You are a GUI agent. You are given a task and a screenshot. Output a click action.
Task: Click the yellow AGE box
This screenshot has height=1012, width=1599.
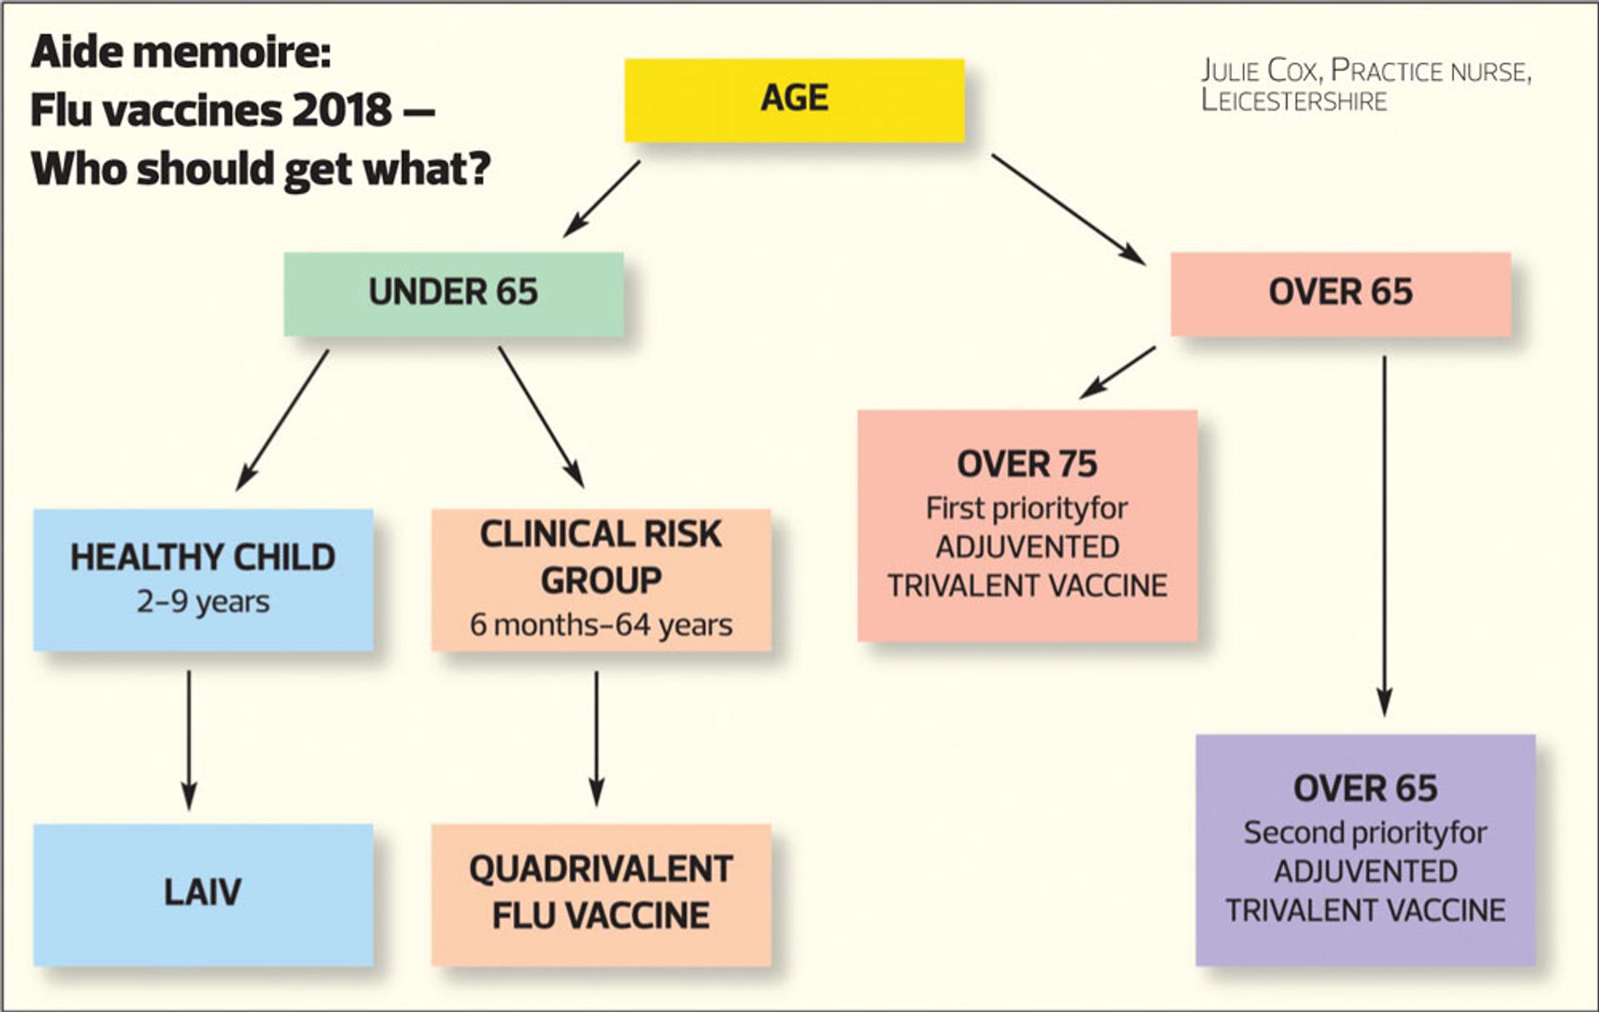point(795,100)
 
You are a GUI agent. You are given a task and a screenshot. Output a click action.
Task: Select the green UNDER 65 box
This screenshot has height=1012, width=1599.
point(453,294)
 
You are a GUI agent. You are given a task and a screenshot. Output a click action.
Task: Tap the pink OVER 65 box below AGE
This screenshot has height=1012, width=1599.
point(1341,294)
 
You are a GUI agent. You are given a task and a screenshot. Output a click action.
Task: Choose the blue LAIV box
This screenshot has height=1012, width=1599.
point(203,895)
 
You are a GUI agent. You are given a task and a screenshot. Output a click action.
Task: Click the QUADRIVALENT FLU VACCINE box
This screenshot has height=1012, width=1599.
point(601,895)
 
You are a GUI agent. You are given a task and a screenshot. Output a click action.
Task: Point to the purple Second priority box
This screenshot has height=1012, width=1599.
point(1366,850)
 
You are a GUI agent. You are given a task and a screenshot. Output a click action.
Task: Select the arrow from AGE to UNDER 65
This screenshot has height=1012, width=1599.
point(601,199)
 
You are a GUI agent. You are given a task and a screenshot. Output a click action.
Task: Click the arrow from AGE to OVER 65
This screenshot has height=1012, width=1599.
point(1068,210)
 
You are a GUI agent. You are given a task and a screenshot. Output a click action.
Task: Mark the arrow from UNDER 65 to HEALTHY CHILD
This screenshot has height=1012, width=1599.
point(282,420)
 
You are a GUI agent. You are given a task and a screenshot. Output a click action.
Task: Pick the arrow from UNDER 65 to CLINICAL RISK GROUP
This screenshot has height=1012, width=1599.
point(541,417)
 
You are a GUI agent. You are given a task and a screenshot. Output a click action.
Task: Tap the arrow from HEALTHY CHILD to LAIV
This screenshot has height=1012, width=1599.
point(189,740)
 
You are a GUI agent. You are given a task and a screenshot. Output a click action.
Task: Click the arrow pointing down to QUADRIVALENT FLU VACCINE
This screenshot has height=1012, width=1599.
point(596,739)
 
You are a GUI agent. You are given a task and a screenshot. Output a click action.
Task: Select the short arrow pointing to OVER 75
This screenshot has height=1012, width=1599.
point(1118,372)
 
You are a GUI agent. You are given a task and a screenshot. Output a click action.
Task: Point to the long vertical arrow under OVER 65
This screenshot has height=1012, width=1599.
point(1384,536)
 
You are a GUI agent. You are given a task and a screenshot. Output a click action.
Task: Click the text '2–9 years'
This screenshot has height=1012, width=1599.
point(203,601)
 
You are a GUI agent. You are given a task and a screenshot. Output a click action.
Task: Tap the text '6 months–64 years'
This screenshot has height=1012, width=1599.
point(601,625)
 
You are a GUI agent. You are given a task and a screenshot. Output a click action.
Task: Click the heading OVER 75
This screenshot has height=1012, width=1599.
point(1028,464)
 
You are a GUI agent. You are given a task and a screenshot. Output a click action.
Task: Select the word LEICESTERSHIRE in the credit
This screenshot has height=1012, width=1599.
point(1294,101)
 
